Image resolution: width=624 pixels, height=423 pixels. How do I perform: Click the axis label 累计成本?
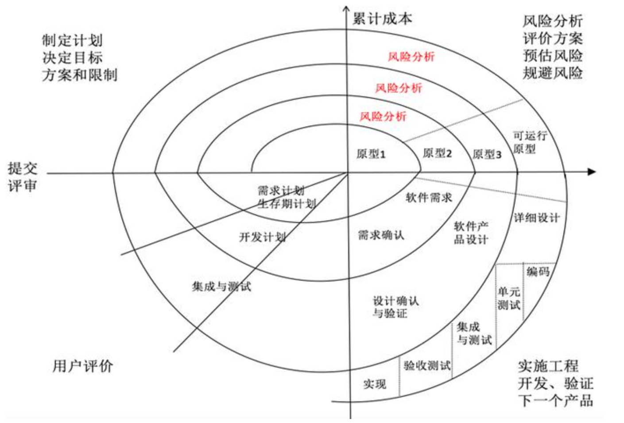[x=382, y=19]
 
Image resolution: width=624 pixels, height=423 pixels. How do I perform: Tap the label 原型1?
[x=371, y=154]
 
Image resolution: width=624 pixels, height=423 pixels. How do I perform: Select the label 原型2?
[x=437, y=153]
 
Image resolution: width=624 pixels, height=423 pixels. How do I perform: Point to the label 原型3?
[x=487, y=154]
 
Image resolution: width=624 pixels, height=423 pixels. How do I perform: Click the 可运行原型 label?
[x=529, y=142]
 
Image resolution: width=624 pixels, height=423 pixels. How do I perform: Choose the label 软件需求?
[x=429, y=197]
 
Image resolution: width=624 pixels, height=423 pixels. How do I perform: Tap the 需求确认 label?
[x=381, y=235]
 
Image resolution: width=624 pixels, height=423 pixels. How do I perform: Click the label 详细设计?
[x=537, y=218]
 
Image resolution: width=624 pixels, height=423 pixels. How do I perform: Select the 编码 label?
[x=538, y=271]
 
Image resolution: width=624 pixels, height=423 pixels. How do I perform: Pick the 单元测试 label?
[x=508, y=298]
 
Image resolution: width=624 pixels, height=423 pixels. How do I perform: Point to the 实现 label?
[x=375, y=384]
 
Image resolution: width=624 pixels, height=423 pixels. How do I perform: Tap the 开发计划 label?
[x=262, y=237]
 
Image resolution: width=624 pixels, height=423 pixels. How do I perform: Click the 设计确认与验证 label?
[x=395, y=307]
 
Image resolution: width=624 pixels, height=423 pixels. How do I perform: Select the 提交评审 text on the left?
[x=22, y=176]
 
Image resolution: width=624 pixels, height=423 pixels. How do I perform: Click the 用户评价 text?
[x=83, y=366]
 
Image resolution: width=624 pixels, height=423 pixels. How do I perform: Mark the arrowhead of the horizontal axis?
[x=592, y=172]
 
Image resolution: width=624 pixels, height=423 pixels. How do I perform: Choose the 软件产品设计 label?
[x=471, y=233]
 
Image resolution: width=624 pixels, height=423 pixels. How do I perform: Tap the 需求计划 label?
[x=281, y=191]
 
